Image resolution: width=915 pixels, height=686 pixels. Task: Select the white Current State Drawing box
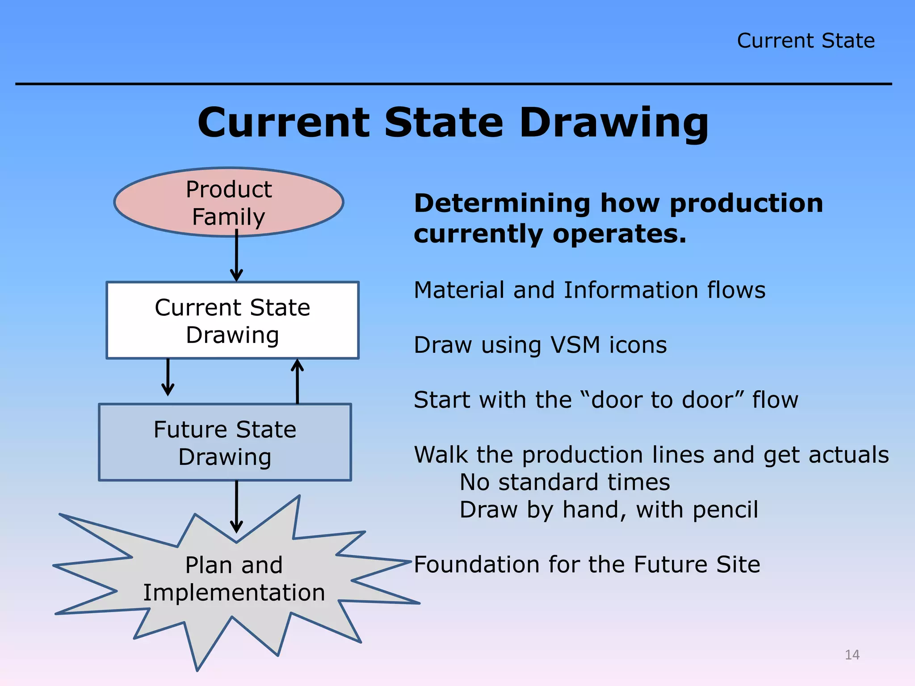pyautogui.click(x=232, y=320)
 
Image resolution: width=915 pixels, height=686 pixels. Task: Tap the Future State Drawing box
pyautogui.click(x=225, y=443)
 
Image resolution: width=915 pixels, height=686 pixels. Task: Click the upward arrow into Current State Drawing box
pyautogui.click(x=298, y=382)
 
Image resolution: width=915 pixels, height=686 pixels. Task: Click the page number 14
pyautogui.click(x=852, y=655)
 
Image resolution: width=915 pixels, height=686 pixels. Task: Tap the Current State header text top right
pyautogui.click(x=806, y=41)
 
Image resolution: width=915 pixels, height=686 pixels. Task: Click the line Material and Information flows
pyautogui.click(x=589, y=290)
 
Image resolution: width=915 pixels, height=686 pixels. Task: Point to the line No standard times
pyautogui.click(x=565, y=482)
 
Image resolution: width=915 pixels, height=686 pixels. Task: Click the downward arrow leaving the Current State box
pyautogui.click(x=168, y=377)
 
